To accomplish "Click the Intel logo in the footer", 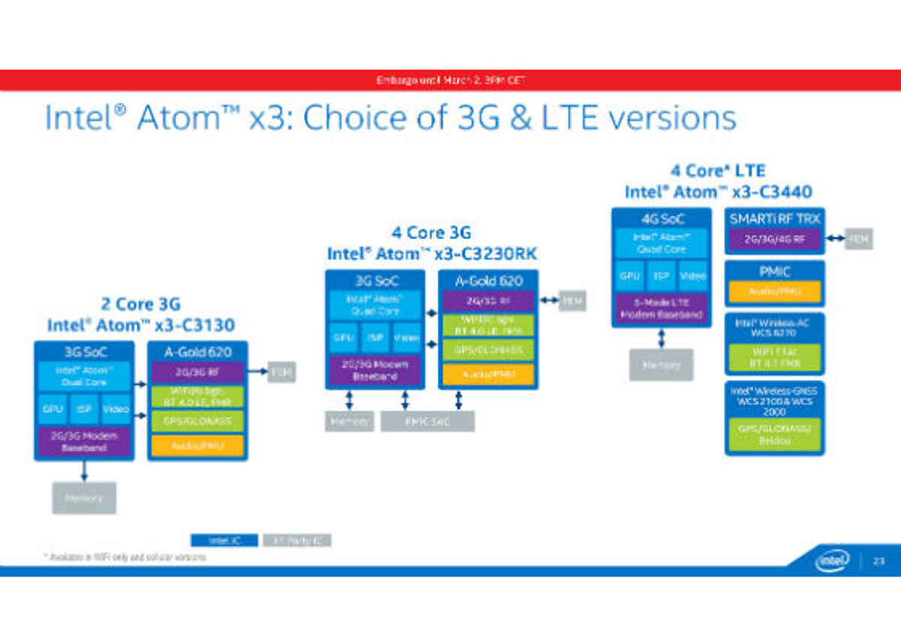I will pos(833,560).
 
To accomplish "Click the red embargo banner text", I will pos(450,80).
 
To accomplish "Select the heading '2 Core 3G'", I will pos(141,304).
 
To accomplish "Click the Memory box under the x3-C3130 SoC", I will pos(84,497).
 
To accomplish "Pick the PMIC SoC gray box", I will pos(427,422).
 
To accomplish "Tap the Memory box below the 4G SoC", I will pos(661,365).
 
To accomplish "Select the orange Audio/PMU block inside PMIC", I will pos(773,292).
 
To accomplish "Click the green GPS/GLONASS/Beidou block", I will pos(774,434).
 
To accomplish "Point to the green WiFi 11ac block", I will pos(774,357).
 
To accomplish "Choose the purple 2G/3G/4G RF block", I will pos(773,240).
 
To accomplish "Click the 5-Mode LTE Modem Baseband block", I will pos(661,310).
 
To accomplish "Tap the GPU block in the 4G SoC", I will pos(630,277).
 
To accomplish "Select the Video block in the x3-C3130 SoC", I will pos(116,410).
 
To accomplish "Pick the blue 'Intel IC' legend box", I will pos(224,540).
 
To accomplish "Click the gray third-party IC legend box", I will pos(298,540).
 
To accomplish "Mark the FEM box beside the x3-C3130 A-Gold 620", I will pos(282,372).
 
